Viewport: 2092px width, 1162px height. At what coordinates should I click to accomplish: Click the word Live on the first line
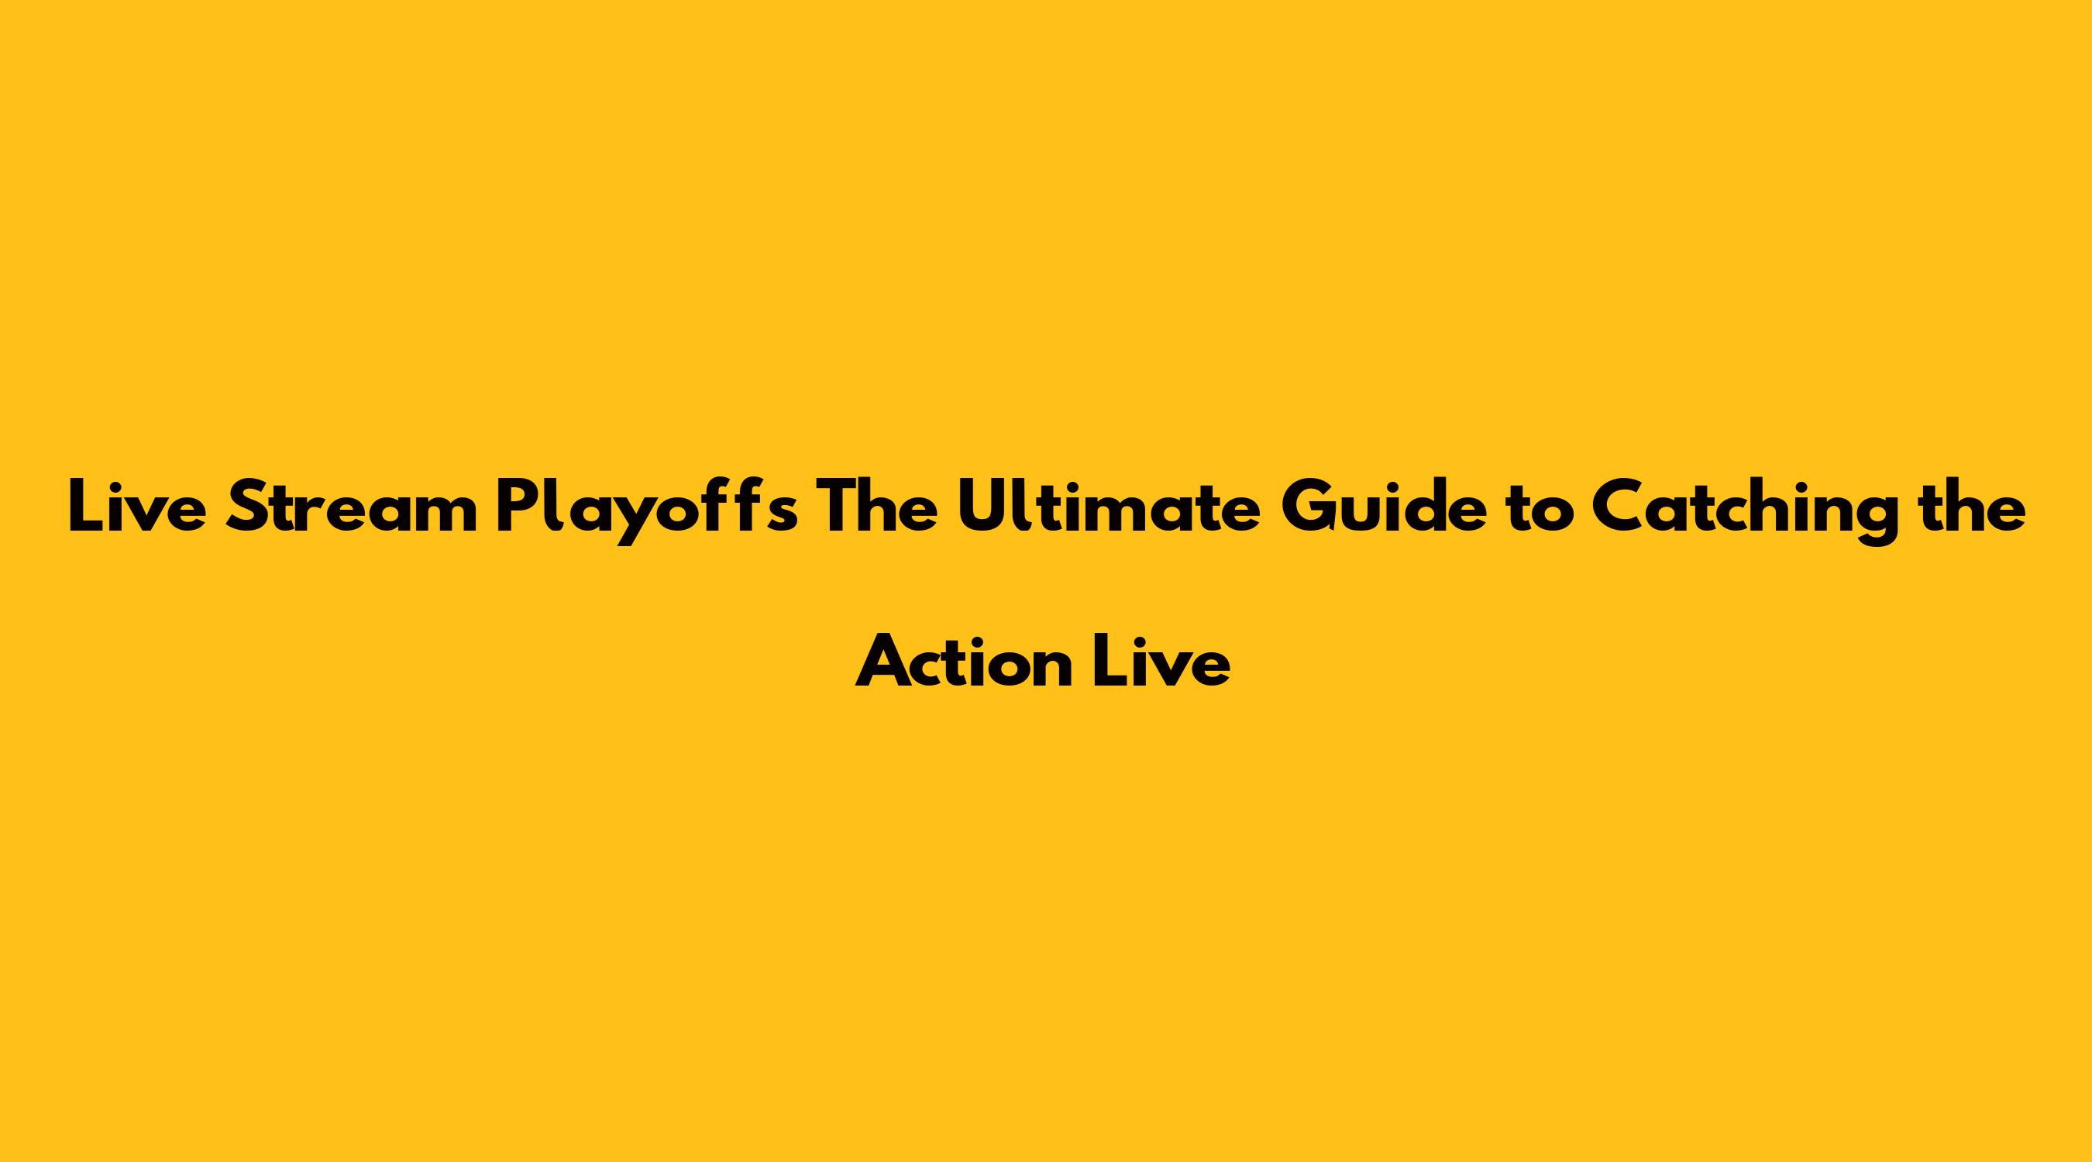136,506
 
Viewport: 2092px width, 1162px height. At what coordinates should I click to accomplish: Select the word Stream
352,507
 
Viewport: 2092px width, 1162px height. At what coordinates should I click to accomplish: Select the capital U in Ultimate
983,507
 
